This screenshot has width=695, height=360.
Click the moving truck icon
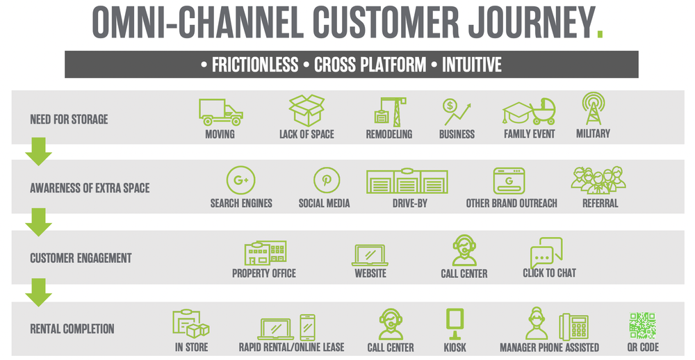(220, 112)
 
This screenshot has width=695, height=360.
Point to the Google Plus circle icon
(241, 181)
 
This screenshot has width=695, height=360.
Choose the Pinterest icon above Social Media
(325, 181)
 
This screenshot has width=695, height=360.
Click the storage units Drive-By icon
(407, 181)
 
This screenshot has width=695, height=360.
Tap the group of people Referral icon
(598, 181)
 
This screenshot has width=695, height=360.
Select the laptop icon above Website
(370, 254)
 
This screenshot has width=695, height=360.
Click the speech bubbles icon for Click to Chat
(546, 252)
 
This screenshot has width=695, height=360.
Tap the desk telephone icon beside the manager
(575, 327)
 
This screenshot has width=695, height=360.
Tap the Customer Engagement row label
(81, 258)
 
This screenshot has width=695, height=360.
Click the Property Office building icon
(265, 253)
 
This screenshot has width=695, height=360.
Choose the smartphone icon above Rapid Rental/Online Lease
(307, 327)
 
